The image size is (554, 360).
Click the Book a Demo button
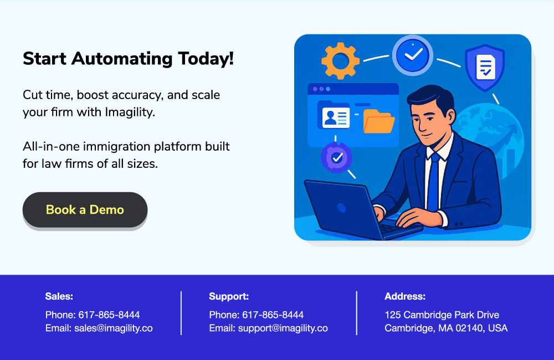[85, 210]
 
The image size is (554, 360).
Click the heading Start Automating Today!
[129, 59]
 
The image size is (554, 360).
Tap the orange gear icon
[340, 61]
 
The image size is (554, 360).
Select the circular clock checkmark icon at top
[413, 55]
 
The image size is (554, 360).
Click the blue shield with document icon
[485, 68]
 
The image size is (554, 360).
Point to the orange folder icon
[379, 121]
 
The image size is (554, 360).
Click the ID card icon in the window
[336, 117]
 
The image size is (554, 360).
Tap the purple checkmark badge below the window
[336, 157]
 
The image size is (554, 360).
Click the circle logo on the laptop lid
[341, 208]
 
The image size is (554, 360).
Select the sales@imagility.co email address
[114, 328]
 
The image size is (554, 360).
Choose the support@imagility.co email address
[283, 328]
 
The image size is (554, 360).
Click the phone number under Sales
[109, 315]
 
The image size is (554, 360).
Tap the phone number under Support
[273, 315]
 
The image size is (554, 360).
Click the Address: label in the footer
[405, 296]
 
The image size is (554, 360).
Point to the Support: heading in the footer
[229, 296]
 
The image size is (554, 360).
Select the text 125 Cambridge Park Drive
[442, 315]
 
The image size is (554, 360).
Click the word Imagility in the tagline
[130, 112]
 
